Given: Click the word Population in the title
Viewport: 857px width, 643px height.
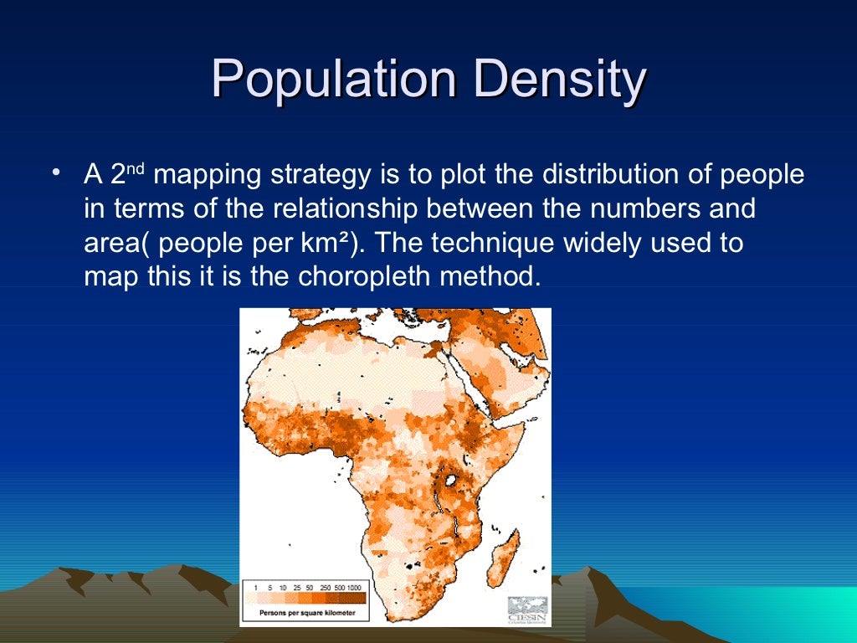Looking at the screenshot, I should coord(333,80).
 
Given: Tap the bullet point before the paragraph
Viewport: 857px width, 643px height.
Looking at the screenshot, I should coord(55,174).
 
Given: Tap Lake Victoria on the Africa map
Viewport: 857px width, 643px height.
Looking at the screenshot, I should coord(453,481).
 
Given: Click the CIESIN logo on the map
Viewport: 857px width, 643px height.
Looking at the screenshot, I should coord(527,609).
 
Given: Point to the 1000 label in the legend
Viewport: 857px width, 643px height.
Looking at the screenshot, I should coord(356,587).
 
